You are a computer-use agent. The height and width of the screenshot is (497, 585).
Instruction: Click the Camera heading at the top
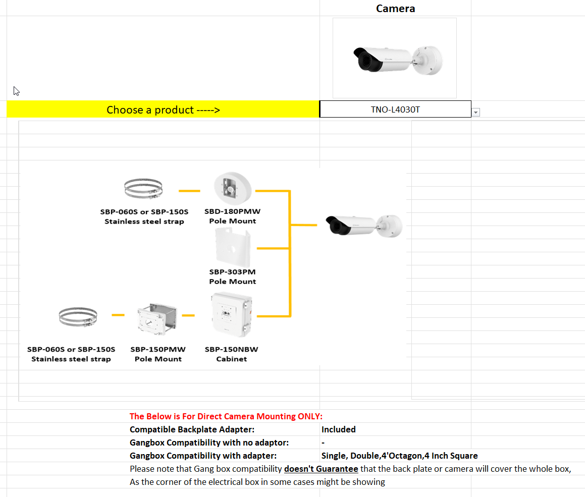click(395, 9)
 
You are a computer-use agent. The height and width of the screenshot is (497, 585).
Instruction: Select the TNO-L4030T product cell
click(395, 109)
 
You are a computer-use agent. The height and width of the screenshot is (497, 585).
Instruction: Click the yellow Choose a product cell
click(163, 109)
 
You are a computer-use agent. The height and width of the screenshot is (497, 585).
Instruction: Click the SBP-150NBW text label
click(232, 349)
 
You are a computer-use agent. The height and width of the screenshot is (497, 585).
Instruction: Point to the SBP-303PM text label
click(233, 272)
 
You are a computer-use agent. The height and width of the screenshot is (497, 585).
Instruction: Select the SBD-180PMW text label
click(233, 211)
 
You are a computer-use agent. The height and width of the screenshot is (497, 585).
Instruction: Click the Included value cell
click(339, 429)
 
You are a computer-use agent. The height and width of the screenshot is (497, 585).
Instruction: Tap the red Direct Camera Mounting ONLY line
click(226, 416)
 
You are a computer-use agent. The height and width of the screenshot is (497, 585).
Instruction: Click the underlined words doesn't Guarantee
click(321, 469)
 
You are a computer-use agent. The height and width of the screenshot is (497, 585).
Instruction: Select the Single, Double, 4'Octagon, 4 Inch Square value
click(399, 456)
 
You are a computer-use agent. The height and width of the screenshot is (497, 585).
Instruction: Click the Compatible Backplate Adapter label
click(192, 429)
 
